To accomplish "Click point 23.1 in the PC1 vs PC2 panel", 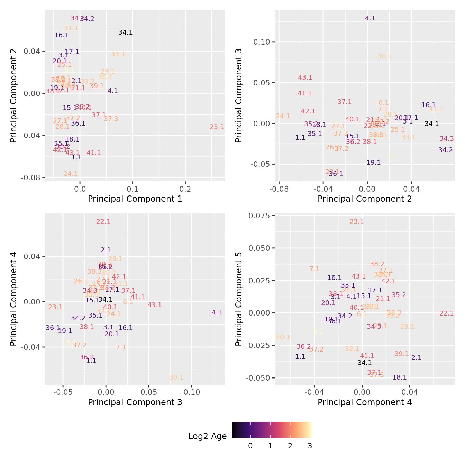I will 217,127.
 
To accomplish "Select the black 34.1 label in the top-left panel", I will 125,33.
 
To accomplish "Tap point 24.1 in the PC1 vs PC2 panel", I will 71,174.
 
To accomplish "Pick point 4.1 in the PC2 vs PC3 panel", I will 370,18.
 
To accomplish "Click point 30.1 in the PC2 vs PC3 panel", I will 384,56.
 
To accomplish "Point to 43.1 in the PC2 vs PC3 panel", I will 305,77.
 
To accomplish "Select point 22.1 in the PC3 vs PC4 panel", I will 103,222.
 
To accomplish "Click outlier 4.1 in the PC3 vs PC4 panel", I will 217,312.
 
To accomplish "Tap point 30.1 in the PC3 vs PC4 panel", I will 176,377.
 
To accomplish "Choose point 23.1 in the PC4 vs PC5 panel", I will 356,222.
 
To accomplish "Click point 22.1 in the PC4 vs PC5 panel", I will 446,313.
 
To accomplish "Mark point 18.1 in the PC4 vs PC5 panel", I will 400,377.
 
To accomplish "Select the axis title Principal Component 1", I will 135,199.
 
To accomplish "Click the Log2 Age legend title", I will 207,436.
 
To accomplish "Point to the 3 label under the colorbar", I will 310,446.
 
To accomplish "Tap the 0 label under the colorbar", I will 250,446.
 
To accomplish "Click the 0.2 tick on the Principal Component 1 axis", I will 185,189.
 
